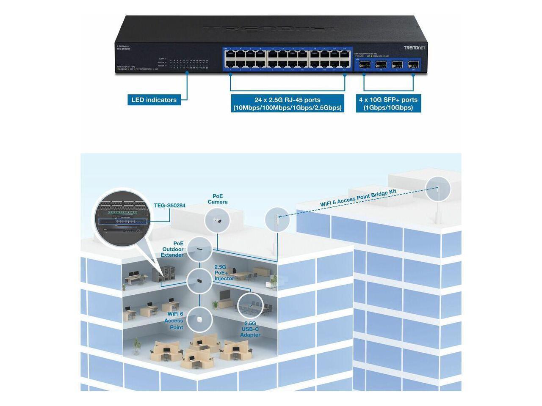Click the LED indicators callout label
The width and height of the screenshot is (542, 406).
pos(154,100)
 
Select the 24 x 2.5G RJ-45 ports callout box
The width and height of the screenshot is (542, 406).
pos(288,104)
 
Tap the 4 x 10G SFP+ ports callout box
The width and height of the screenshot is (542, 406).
pos(388,104)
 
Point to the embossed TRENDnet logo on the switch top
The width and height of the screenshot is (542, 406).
pos(271,29)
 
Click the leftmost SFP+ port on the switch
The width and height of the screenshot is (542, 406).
pos(365,66)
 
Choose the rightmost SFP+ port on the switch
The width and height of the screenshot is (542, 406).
pos(412,66)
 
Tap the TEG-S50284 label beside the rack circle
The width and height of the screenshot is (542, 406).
pos(169,206)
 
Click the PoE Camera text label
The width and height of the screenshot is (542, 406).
pos(218,199)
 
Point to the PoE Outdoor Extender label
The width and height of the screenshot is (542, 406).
pos(173,250)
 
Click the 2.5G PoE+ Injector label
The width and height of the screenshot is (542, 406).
pos(224,273)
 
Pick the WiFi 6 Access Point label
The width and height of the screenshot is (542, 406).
pos(175,321)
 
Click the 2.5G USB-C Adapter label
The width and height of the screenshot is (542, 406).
pos(250,329)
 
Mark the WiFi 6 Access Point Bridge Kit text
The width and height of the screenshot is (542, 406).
pos(358,198)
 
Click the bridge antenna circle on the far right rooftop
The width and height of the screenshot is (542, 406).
pos(438,189)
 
